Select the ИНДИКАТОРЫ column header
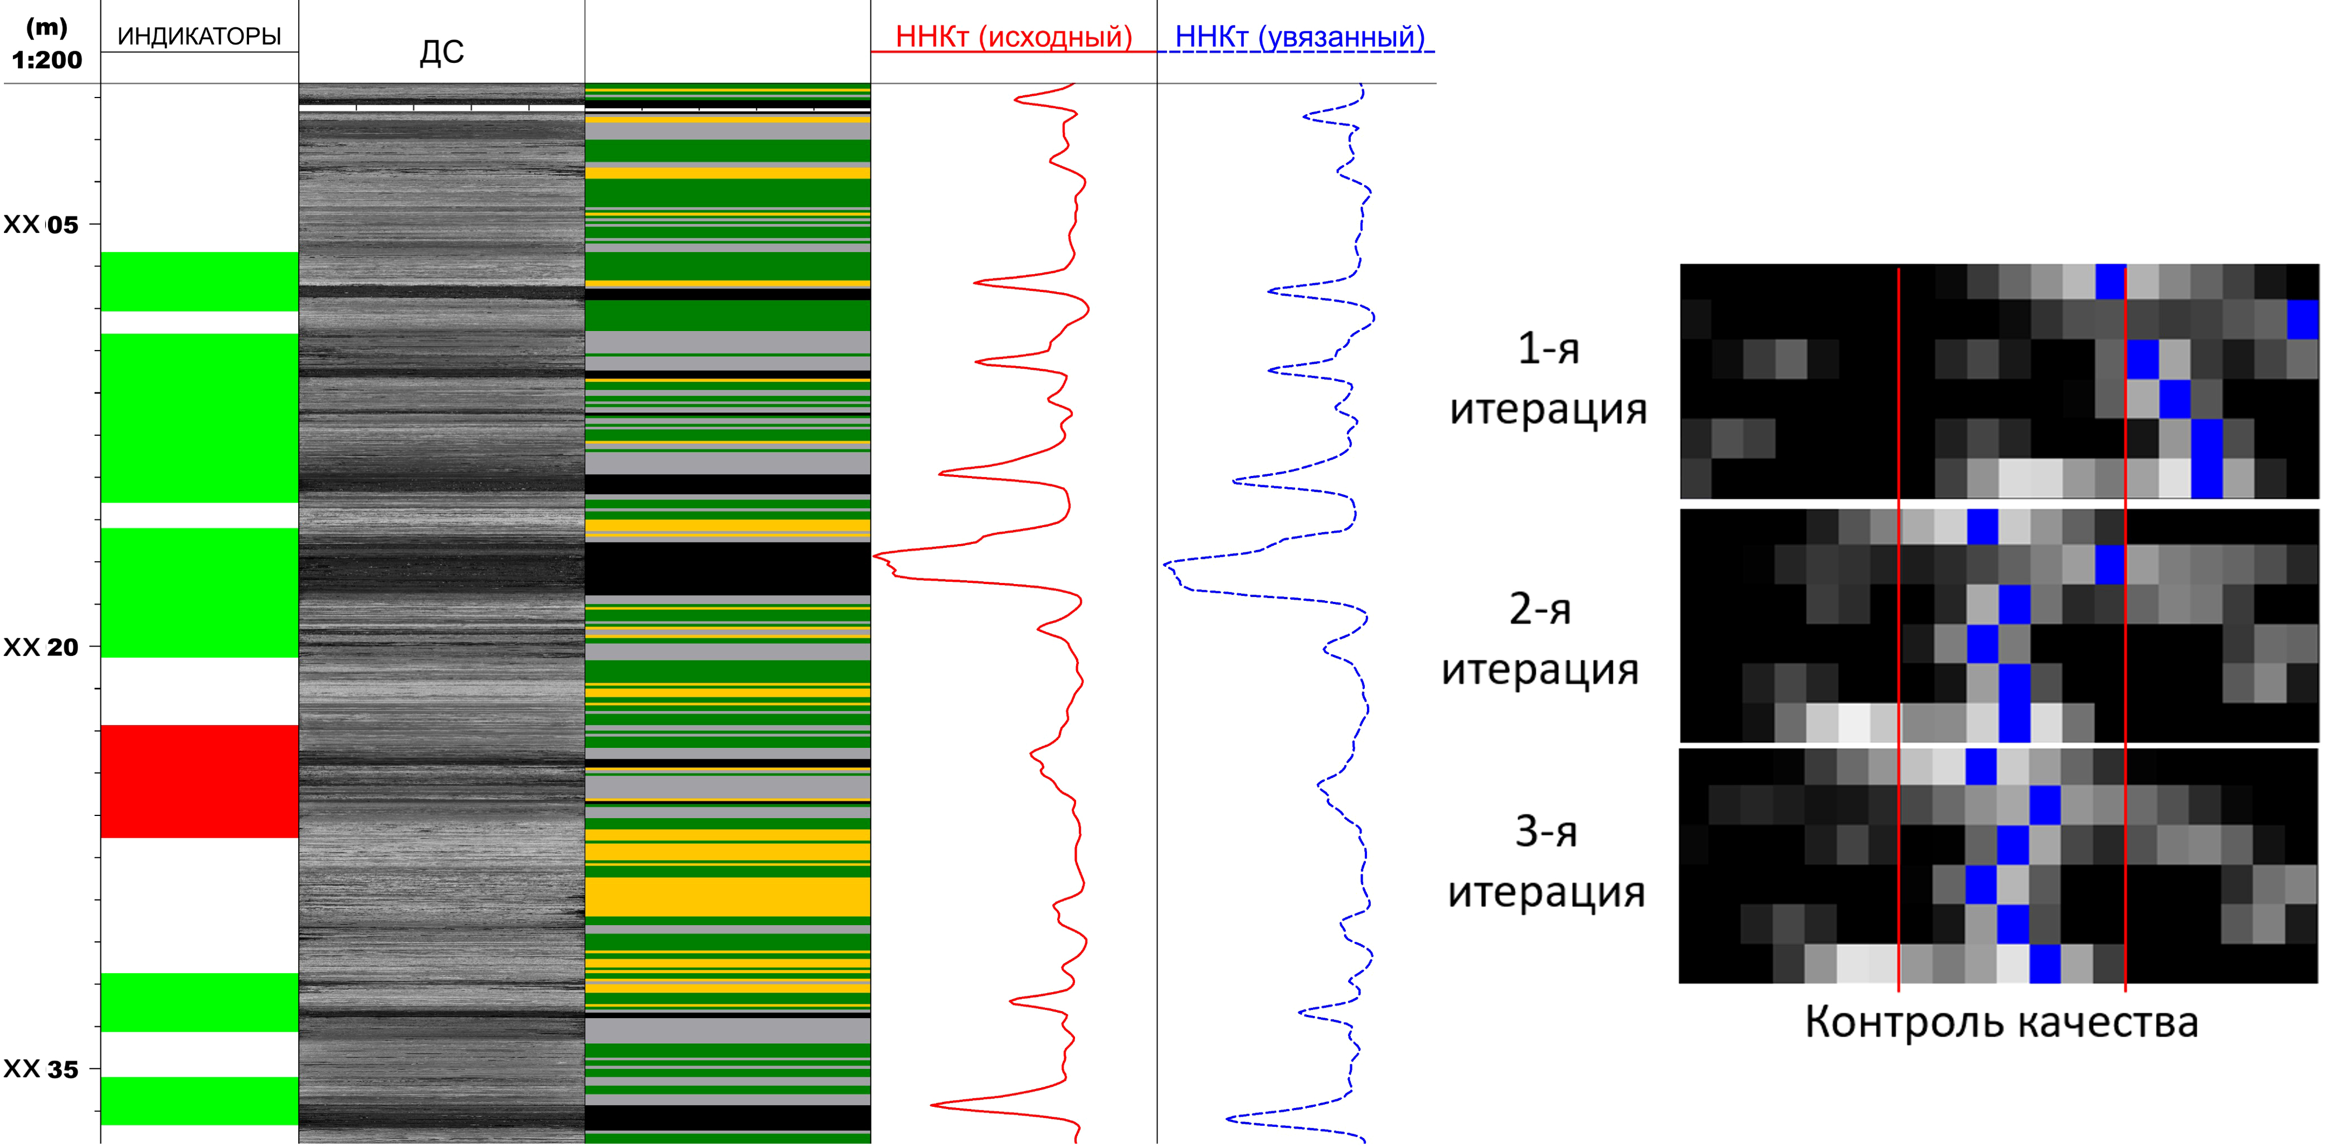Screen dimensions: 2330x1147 click(199, 36)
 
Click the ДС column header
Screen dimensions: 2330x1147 click(441, 52)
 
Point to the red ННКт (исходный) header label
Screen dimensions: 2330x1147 click(1014, 37)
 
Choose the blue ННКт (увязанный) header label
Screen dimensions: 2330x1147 click(1300, 37)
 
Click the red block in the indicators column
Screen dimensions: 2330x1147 click(199, 781)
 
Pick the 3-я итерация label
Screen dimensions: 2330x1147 click(1546, 862)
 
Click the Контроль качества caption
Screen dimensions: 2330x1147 click(2002, 1022)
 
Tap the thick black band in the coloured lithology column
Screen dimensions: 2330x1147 click(727, 568)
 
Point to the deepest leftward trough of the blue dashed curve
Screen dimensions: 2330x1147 click(1166, 566)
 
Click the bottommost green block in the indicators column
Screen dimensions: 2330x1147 click(199, 1101)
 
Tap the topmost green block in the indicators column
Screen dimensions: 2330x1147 click(199, 281)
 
